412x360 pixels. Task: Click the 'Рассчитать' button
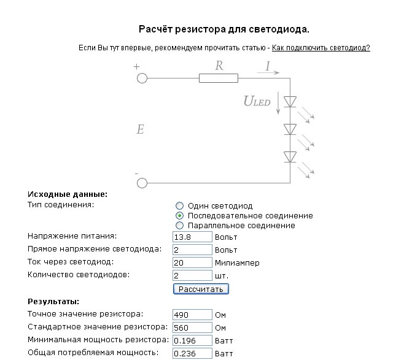coord(201,289)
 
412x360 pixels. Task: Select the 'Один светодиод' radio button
coord(179,206)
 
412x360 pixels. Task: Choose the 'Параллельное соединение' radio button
coord(179,226)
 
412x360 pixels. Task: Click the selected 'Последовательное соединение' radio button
coord(179,216)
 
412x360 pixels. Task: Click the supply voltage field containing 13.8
coord(192,237)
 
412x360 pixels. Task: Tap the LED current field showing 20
coord(192,262)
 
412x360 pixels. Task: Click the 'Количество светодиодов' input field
coord(192,275)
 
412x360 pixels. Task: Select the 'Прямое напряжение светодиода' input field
coord(192,250)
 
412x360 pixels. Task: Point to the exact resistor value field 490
coord(192,315)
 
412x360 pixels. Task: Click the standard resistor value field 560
coord(192,327)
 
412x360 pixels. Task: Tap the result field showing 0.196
coord(192,340)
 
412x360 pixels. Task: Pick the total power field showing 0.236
coord(192,353)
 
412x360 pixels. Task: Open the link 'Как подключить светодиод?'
coord(321,48)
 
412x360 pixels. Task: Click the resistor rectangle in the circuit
coord(218,78)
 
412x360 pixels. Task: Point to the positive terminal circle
coord(142,78)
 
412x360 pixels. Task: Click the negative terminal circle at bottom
coord(142,183)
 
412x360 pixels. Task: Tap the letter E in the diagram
coord(140,129)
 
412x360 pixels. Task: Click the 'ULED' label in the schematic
coord(257,101)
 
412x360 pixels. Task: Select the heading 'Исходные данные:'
coord(68,194)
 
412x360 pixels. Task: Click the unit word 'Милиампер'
coord(237,263)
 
